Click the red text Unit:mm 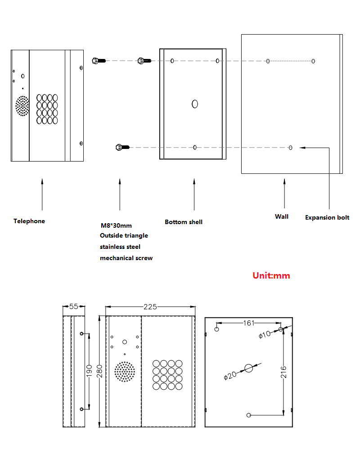[271, 275]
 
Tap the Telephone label [29, 221]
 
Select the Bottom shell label [184, 222]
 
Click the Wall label [282, 216]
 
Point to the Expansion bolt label [327, 217]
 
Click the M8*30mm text [116, 225]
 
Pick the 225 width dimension [150, 307]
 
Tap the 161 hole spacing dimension [249, 323]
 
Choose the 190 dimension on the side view [89, 371]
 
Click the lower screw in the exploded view [122, 147]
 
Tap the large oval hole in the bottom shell [195, 104]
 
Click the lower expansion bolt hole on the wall [291, 148]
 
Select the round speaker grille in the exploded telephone [22, 106]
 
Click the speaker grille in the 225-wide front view [124, 372]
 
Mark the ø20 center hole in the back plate [249, 368]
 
